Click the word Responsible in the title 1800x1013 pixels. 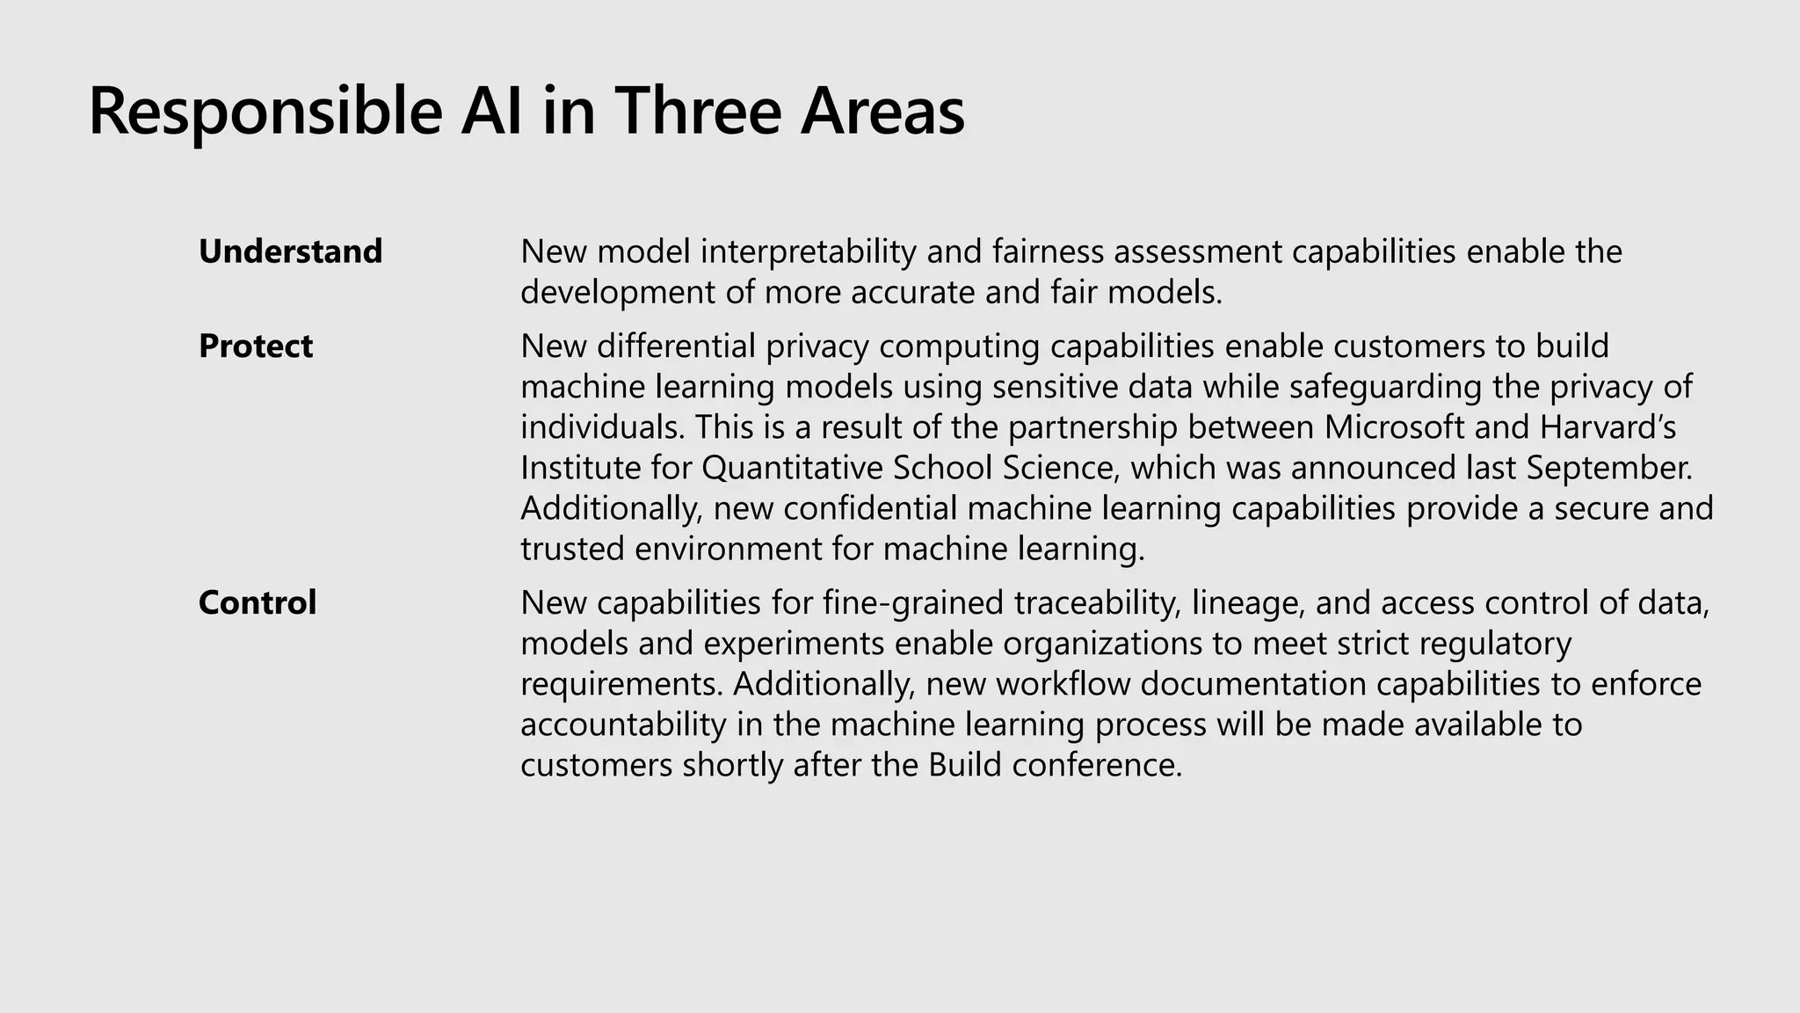coord(265,112)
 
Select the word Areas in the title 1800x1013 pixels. coord(882,112)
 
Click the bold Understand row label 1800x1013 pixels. coord(290,251)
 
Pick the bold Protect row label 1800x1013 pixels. coord(255,346)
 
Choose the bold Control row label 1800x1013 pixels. coord(257,602)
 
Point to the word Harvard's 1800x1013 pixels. coord(1608,427)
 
